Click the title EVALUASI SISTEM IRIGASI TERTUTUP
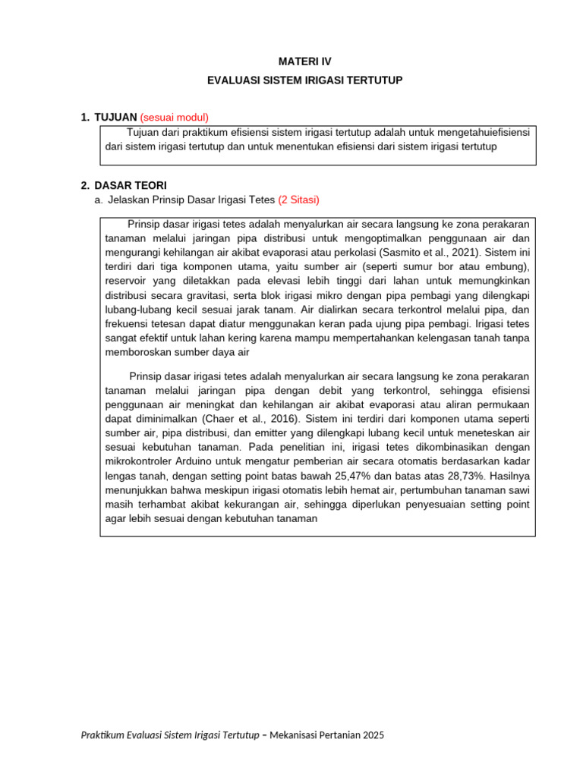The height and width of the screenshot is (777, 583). pyautogui.click(x=304, y=80)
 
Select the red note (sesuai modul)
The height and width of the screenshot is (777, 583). pyautogui.click(x=174, y=117)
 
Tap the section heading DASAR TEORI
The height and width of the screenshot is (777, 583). pyautogui.click(x=131, y=185)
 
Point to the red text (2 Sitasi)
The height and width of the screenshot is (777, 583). pyautogui.click(x=298, y=200)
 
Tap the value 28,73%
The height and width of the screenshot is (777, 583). pyautogui.click(x=460, y=476)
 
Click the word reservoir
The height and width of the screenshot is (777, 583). pyautogui.click(x=127, y=282)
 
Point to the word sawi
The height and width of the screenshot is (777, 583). pyautogui.click(x=520, y=490)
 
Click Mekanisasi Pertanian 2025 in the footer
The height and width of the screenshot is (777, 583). pyautogui.click(x=331, y=735)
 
